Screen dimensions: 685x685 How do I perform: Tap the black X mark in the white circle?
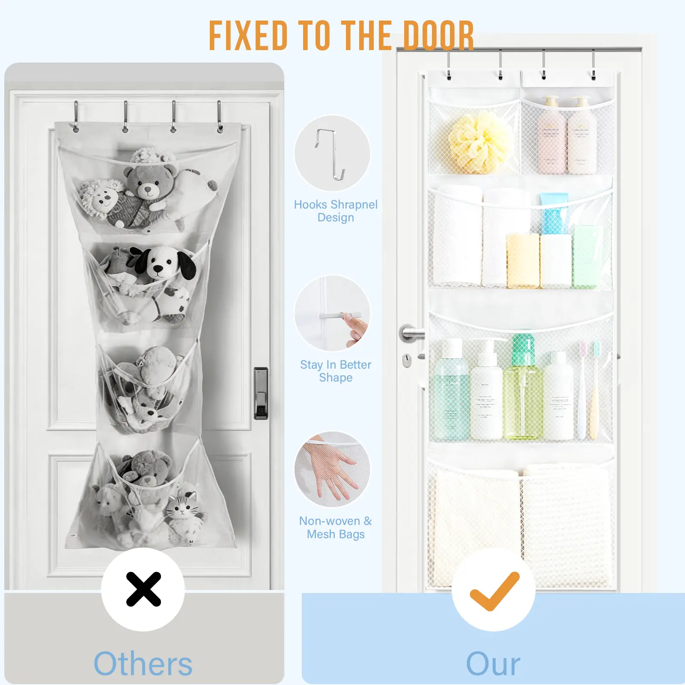click(143, 589)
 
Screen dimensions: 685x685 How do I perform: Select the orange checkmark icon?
click(494, 591)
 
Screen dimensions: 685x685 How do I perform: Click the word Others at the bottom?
click(143, 664)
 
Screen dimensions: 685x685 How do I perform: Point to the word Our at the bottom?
click(493, 664)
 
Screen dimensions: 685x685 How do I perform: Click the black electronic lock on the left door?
click(261, 393)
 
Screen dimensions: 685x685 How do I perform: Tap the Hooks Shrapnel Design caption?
click(336, 211)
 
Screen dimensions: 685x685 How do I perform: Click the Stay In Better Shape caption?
click(336, 371)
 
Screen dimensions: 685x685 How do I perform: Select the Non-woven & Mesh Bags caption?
click(336, 527)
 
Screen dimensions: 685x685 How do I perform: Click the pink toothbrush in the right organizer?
click(582, 390)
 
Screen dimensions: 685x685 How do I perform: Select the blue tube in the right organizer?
click(554, 214)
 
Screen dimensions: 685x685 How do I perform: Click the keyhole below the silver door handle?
click(407, 360)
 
